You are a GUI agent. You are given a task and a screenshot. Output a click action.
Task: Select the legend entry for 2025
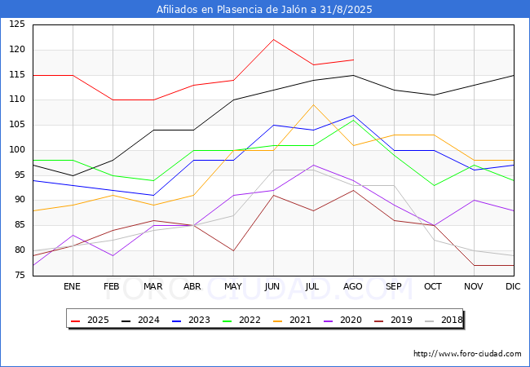[90, 320]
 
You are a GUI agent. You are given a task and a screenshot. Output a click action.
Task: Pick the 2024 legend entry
[140, 320]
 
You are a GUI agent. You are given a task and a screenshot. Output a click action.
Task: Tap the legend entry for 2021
[292, 320]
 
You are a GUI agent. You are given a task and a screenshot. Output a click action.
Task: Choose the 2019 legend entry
[393, 320]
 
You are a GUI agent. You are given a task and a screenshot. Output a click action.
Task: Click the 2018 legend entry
[444, 320]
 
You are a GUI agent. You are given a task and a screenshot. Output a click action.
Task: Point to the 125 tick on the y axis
[17, 24]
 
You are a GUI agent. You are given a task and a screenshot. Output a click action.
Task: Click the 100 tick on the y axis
[17, 150]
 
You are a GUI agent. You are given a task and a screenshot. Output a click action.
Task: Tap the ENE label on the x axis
[72, 286]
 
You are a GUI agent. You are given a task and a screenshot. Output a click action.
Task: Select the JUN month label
[272, 286]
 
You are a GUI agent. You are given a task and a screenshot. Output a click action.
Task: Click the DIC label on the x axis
[513, 286]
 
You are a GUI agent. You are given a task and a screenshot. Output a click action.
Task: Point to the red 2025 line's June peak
[273, 39]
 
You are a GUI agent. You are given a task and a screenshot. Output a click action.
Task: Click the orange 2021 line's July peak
[314, 104]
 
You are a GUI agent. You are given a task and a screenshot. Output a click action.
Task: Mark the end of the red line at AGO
[354, 60]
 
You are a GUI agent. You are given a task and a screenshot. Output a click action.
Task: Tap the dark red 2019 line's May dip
[233, 250]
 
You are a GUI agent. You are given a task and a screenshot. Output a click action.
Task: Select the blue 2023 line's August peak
[354, 115]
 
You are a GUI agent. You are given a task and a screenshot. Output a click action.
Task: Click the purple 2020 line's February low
[113, 256]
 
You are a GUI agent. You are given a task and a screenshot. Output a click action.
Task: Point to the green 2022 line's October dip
[434, 185]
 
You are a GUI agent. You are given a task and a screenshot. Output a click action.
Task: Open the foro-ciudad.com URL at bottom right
[467, 354]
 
